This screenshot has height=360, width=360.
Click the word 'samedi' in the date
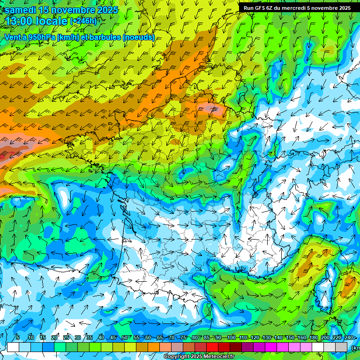pos(22,10)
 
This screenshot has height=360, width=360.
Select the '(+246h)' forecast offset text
pos(83,21)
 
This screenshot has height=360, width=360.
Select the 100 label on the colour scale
pos(231,337)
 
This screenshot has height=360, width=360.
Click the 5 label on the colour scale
pos(18,337)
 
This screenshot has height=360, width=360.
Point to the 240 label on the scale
pos(348,337)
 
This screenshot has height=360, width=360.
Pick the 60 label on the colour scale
pos(148,337)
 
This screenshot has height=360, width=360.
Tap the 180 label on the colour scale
pos(313,337)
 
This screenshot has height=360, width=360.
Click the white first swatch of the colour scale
pos(13,347)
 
